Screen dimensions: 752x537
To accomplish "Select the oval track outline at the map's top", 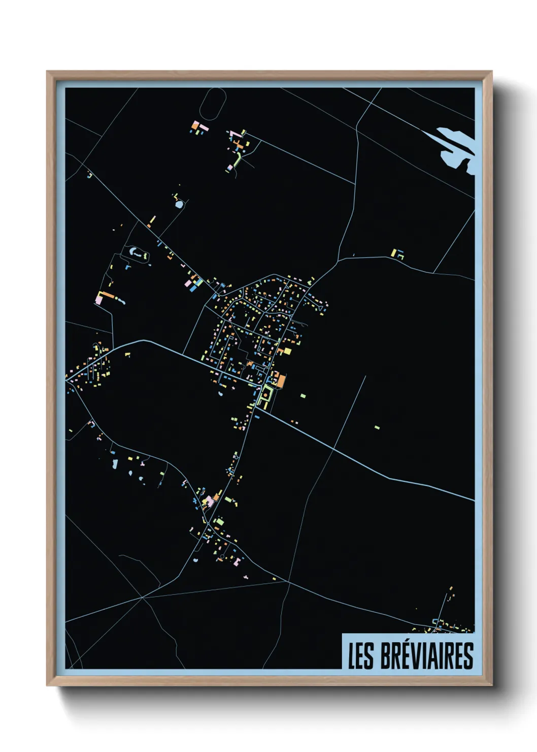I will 213,104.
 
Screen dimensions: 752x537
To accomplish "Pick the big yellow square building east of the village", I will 287,351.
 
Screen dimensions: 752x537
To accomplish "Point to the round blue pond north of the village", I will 179,204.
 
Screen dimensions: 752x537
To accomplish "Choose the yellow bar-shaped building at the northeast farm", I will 394,252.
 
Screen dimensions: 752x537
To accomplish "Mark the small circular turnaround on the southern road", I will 237,457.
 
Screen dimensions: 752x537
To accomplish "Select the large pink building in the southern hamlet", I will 209,501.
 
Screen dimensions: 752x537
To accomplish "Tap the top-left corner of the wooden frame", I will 47,72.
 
